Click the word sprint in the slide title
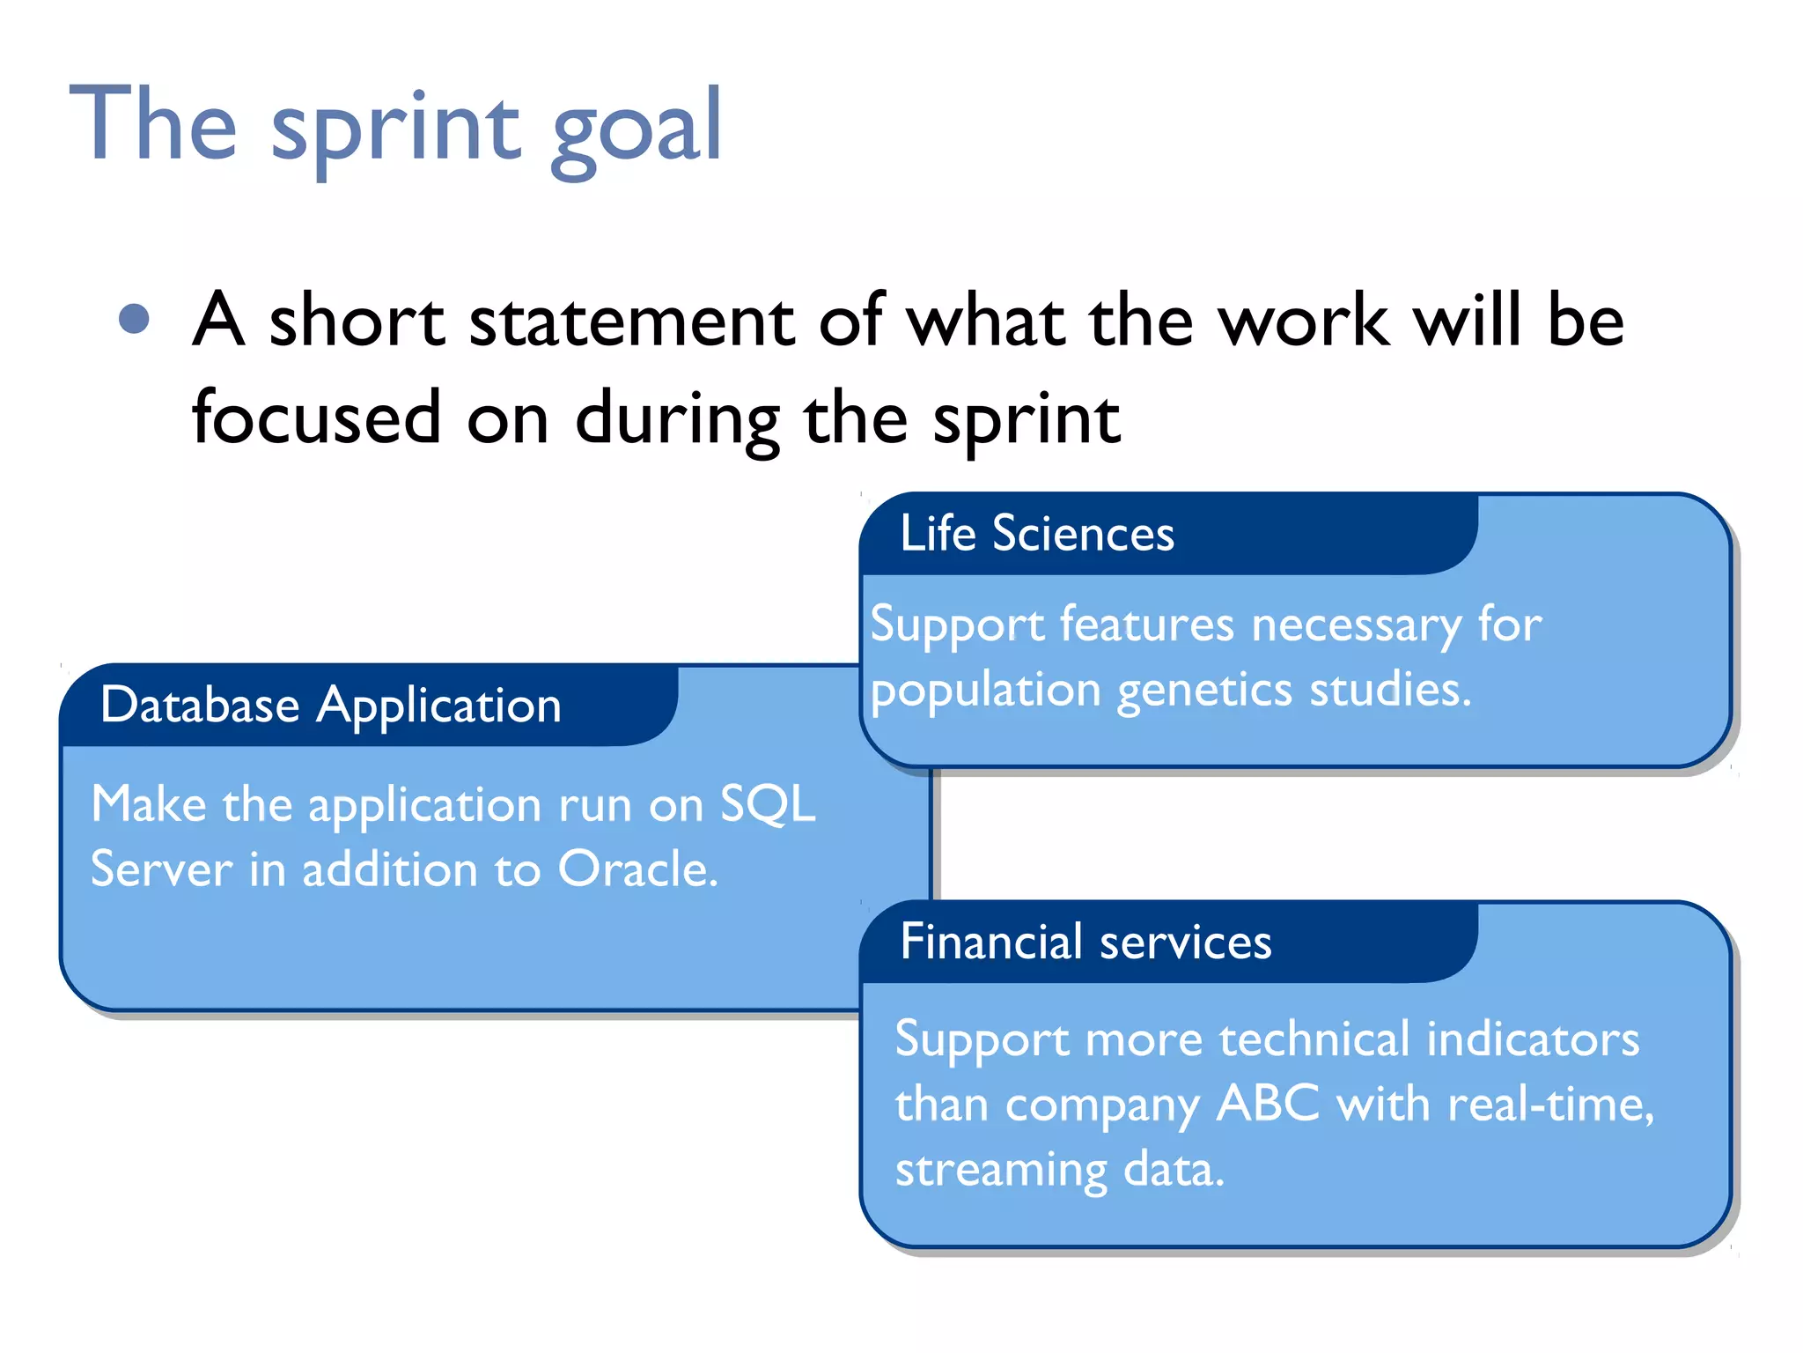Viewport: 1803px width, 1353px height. pos(396,128)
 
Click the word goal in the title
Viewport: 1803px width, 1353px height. pos(636,128)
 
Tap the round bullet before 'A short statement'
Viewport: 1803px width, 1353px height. pos(134,319)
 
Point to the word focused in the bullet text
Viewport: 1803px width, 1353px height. pos(316,418)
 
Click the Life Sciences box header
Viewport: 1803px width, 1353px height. pos(1036,534)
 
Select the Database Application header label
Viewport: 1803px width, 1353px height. pos(330,706)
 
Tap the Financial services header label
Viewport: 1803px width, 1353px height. pos(1085,942)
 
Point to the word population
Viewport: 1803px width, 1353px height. pos(985,690)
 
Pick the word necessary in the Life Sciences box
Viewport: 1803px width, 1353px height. pos(1356,626)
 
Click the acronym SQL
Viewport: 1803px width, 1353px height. pos(768,803)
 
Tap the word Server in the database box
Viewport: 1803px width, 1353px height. pos(161,869)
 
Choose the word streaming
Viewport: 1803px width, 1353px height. pos(1000,1170)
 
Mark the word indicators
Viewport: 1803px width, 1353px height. pos(1533,1039)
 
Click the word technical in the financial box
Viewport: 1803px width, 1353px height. pos(1314,1039)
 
